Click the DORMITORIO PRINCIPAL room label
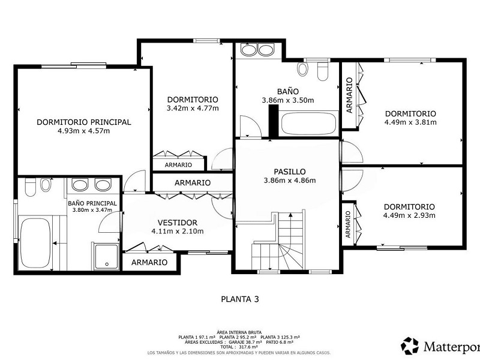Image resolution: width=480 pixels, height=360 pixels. pyautogui.click(x=83, y=122)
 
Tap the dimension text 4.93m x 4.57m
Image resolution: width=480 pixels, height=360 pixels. pyautogui.click(x=83, y=131)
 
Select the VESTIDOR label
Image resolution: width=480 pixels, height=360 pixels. pyautogui.click(x=178, y=223)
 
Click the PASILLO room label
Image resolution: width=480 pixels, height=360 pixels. pyautogui.click(x=290, y=172)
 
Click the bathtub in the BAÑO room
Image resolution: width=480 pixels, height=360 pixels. pyautogui.click(x=309, y=124)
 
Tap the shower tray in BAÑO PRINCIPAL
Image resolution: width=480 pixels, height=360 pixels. pyautogui.click(x=106, y=257)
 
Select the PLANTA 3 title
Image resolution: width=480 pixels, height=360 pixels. pyautogui.click(x=240, y=299)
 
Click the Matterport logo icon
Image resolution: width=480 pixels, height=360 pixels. pyautogui.click(x=410, y=346)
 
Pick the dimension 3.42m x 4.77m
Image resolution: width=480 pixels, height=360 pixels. pyautogui.click(x=193, y=108)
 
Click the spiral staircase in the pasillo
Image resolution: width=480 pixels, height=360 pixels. pyautogui.click(x=278, y=242)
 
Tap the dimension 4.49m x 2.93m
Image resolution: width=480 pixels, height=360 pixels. pyautogui.click(x=409, y=215)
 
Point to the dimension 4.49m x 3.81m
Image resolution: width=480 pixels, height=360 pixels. pyautogui.click(x=410, y=122)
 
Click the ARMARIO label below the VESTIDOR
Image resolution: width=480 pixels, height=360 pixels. pyautogui.click(x=149, y=262)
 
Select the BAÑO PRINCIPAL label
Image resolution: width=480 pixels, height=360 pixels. pyautogui.click(x=92, y=203)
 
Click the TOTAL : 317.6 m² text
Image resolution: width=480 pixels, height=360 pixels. pyautogui.click(x=239, y=347)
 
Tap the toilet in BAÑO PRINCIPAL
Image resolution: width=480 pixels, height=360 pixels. pyautogui.click(x=31, y=187)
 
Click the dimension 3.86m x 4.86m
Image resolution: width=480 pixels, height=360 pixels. pyautogui.click(x=290, y=181)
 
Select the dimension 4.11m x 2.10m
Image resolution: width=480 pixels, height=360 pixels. pyautogui.click(x=178, y=232)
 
